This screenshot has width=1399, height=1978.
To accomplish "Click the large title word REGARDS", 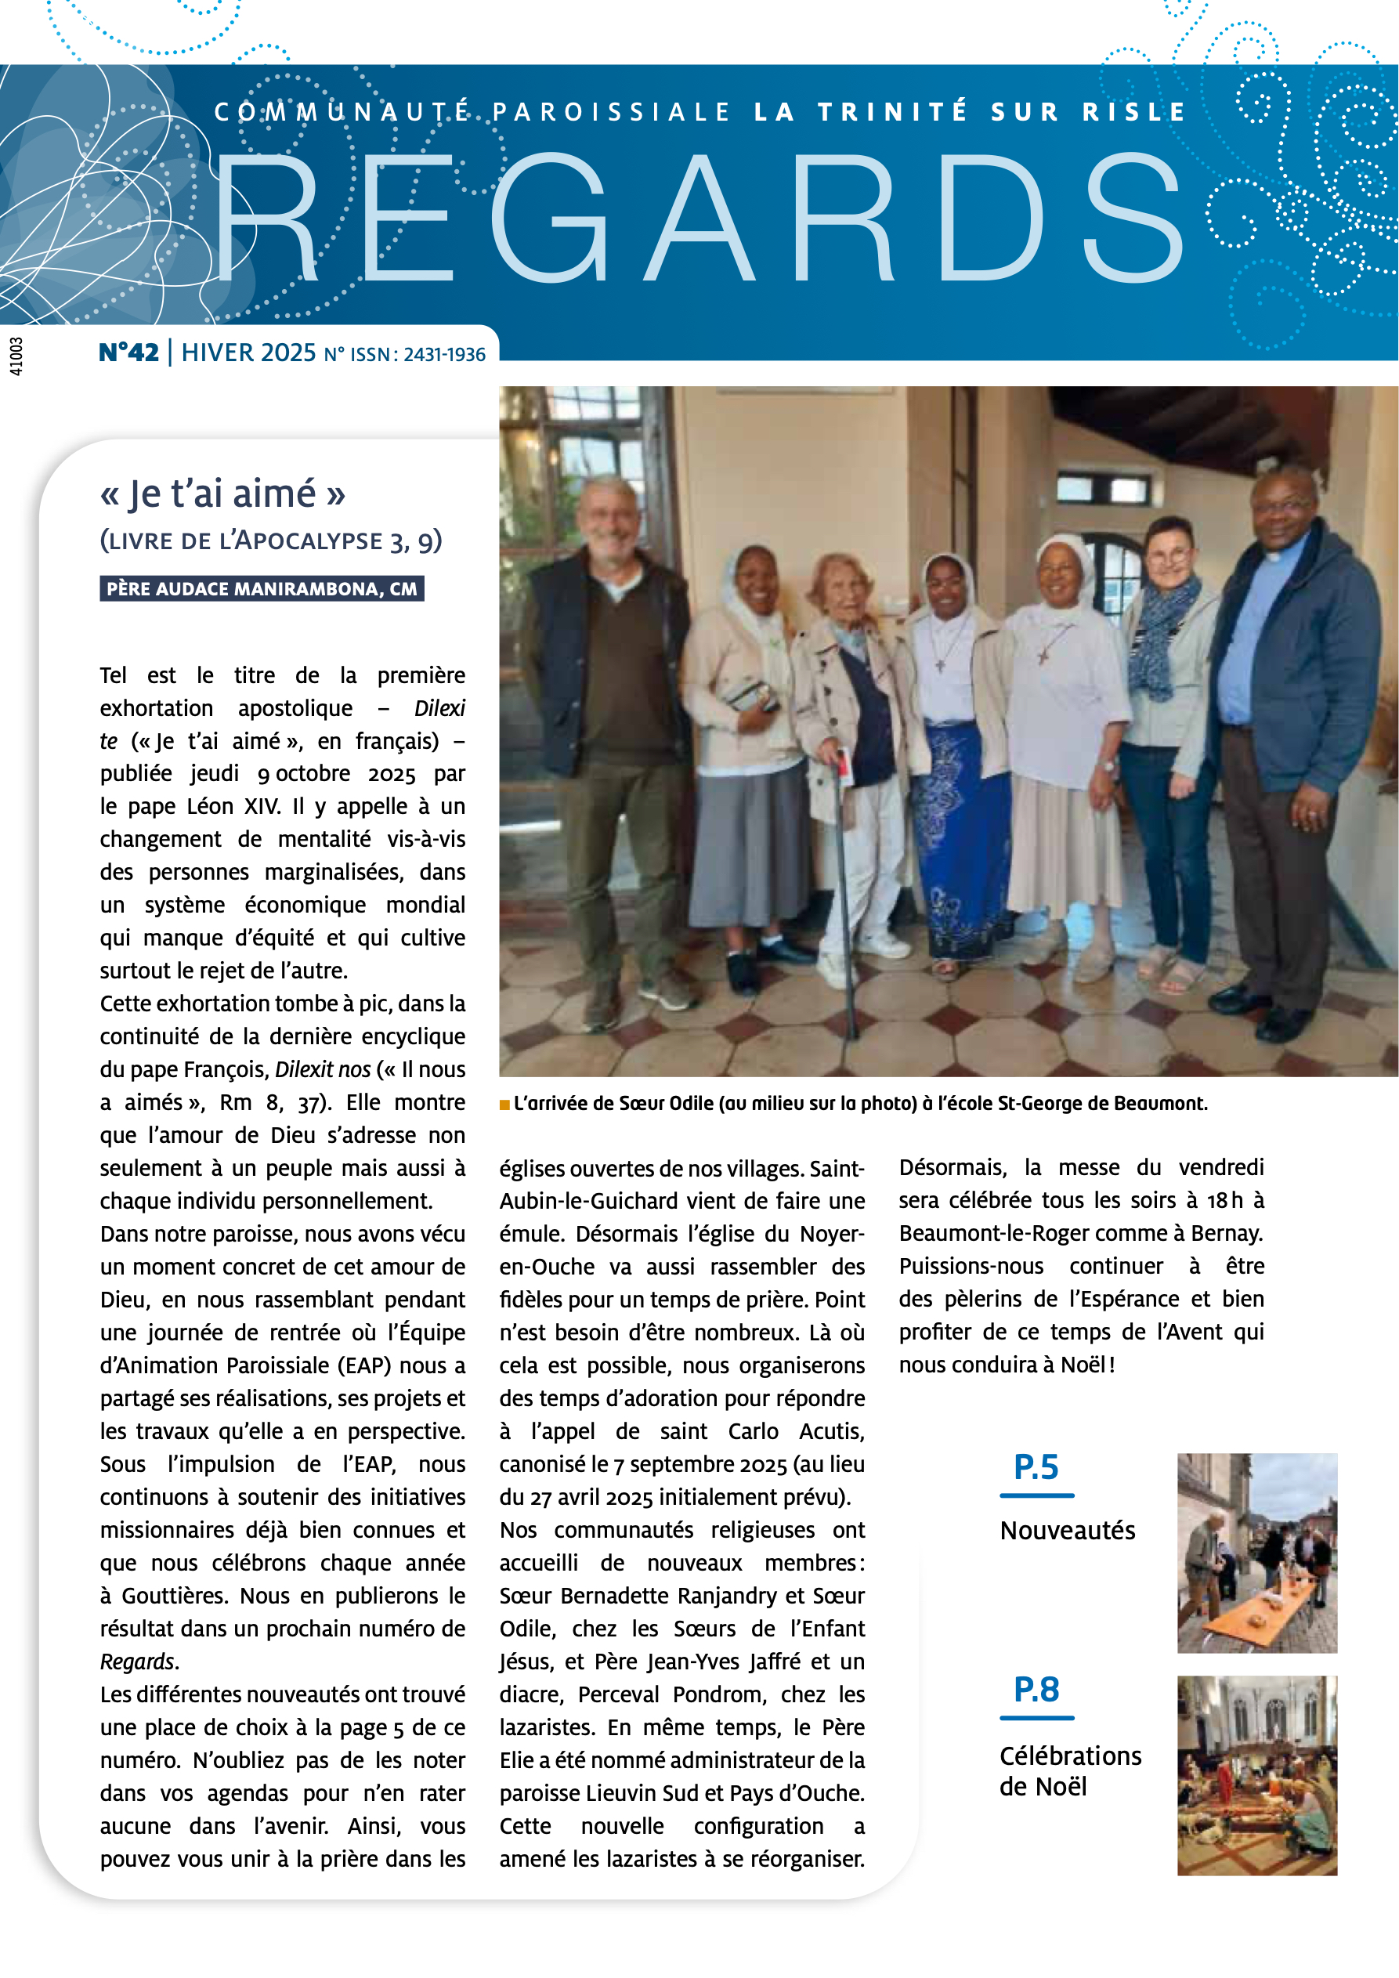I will click(698, 219).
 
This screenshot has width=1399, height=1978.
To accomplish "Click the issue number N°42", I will click(128, 353).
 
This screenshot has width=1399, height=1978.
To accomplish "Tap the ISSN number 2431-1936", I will click(444, 355).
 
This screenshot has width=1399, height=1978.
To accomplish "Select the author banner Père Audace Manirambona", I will click(261, 588).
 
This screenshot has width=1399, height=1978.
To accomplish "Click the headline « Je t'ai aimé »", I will click(222, 494).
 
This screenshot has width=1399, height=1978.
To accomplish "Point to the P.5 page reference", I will click(1036, 1467).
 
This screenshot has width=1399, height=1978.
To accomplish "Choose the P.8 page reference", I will click(1036, 1690).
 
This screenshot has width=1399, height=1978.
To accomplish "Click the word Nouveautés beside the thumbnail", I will click(1068, 1531).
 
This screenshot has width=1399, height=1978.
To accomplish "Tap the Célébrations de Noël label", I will click(1070, 1771).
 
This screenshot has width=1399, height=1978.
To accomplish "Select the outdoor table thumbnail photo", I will click(1257, 1553).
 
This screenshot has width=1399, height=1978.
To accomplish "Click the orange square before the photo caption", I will click(504, 1105).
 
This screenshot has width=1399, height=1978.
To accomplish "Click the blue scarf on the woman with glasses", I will click(1164, 638).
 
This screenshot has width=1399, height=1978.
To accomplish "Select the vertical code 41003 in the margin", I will click(16, 356).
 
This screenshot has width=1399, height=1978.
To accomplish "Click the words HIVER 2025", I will click(248, 353).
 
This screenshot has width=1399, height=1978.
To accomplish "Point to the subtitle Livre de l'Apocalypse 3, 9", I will click(270, 541).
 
